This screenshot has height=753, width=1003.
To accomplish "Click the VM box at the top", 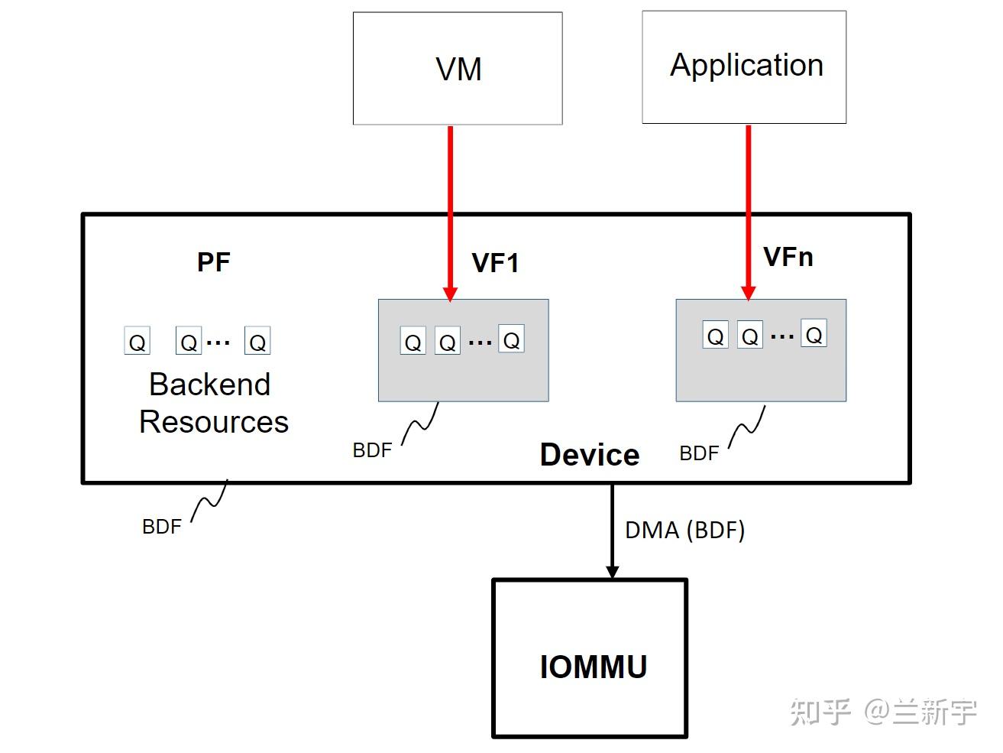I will (x=458, y=69).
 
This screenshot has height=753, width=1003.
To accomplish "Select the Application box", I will (x=744, y=67).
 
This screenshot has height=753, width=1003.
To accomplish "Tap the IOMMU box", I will (x=590, y=659).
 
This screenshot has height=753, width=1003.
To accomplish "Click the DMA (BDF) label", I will (x=684, y=530).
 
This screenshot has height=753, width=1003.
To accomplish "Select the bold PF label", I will (x=213, y=262).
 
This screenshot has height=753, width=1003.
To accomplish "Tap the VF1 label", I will (x=495, y=263).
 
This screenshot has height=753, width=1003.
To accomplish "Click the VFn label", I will (x=788, y=257).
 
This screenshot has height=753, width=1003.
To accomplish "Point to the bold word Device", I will (x=589, y=455).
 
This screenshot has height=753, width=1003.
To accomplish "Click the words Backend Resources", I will (x=212, y=403).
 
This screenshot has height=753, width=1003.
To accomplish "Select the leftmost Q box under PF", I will (x=137, y=341).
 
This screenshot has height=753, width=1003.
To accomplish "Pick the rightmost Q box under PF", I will (x=257, y=341).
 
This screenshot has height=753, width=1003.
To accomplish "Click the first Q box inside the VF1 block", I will (x=413, y=341).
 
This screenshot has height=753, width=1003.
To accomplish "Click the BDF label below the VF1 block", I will (x=372, y=450).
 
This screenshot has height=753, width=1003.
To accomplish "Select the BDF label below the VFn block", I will (x=699, y=453).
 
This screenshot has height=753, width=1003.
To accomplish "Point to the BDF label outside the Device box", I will (x=162, y=527).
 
